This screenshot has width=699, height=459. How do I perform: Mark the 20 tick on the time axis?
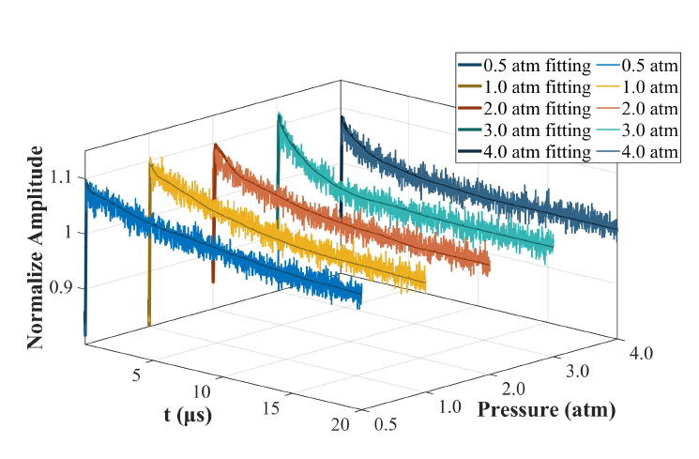340,425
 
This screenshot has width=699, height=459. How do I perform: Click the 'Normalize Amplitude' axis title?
35,247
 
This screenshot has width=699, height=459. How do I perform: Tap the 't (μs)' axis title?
187,415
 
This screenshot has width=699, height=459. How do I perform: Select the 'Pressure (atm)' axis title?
546,410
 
